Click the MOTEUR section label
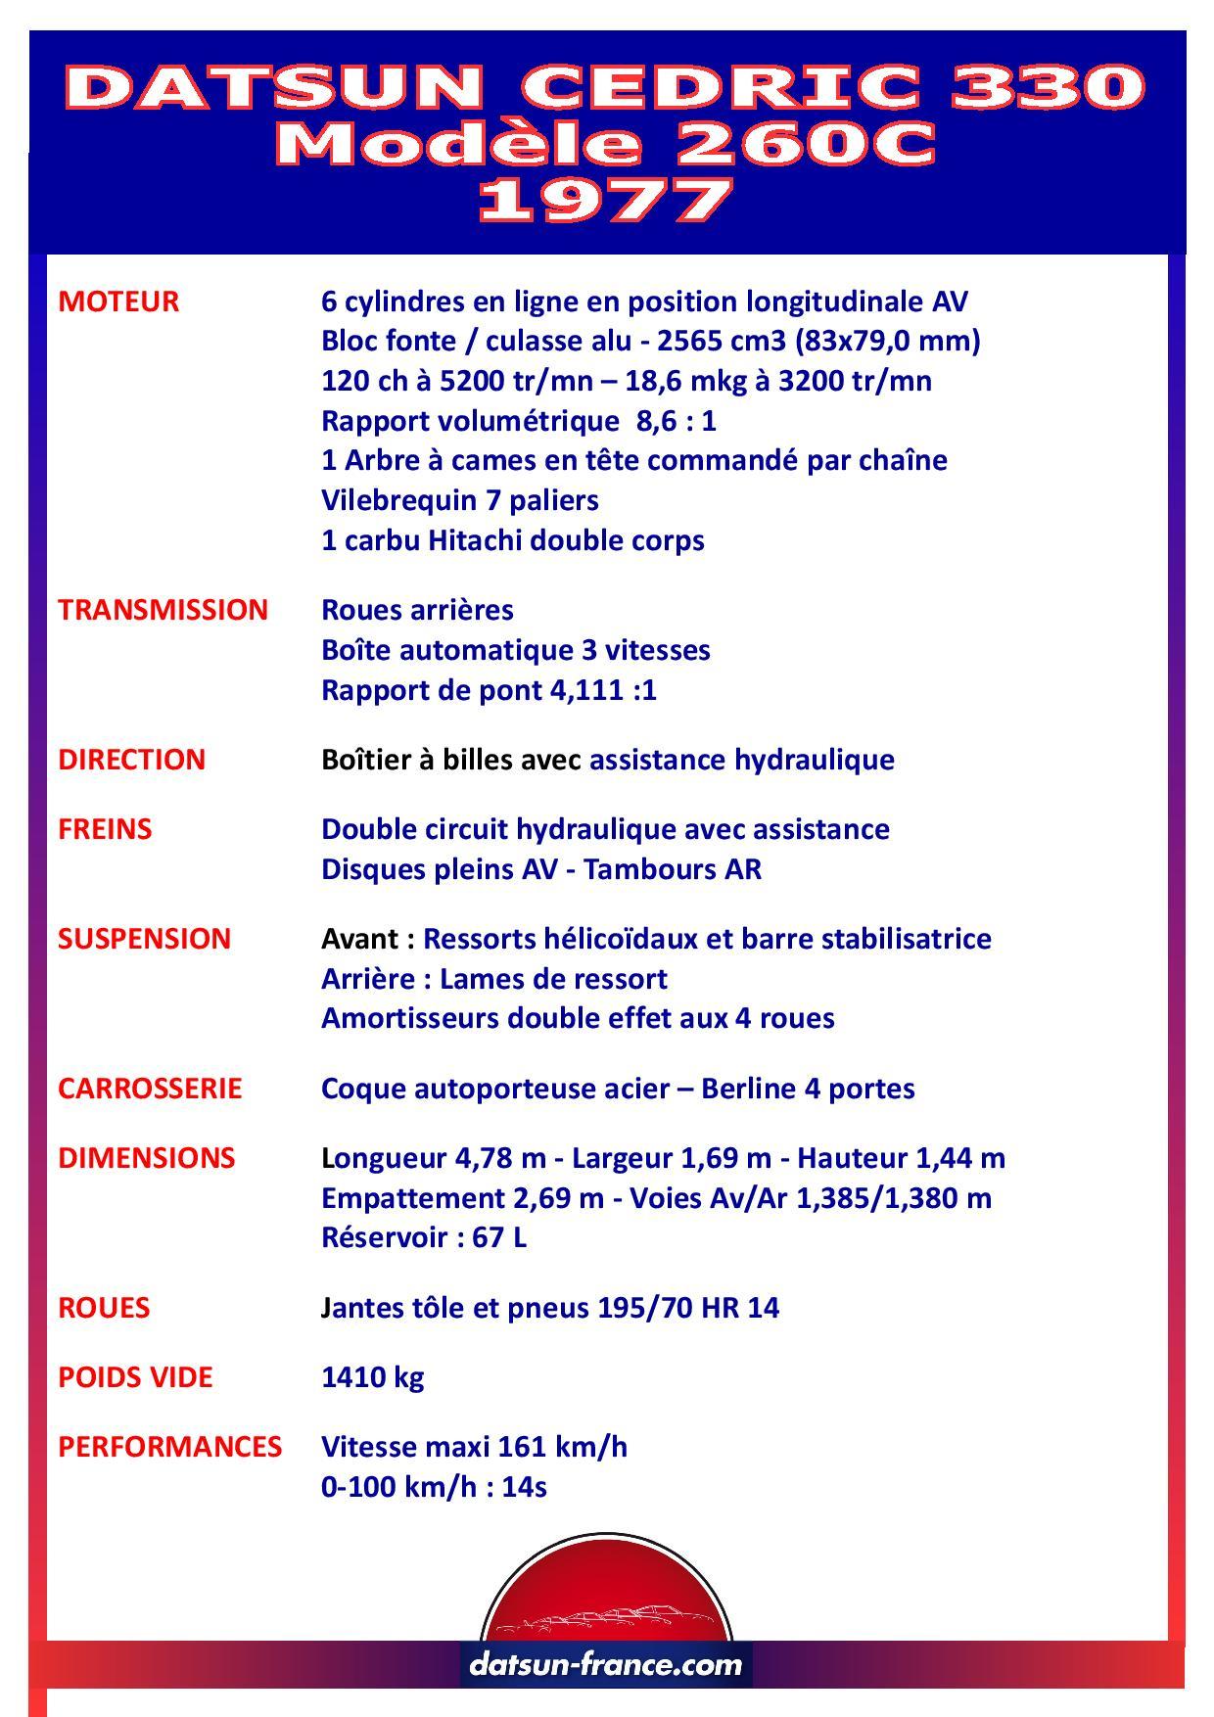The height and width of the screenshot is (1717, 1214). [118, 302]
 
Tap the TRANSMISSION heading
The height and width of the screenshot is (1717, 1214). [163, 610]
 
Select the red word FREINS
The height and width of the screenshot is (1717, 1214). [105, 829]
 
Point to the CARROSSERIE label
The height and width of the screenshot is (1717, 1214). [149, 1089]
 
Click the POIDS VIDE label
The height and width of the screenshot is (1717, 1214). [135, 1377]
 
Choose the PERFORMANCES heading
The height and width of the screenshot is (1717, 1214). [169, 1447]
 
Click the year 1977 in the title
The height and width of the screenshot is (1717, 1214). [606, 202]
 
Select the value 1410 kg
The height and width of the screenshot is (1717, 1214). [372, 1377]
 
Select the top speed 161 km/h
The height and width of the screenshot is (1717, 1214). [562, 1447]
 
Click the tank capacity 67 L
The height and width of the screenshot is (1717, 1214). [499, 1237]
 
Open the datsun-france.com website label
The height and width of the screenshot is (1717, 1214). [606, 1663]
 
